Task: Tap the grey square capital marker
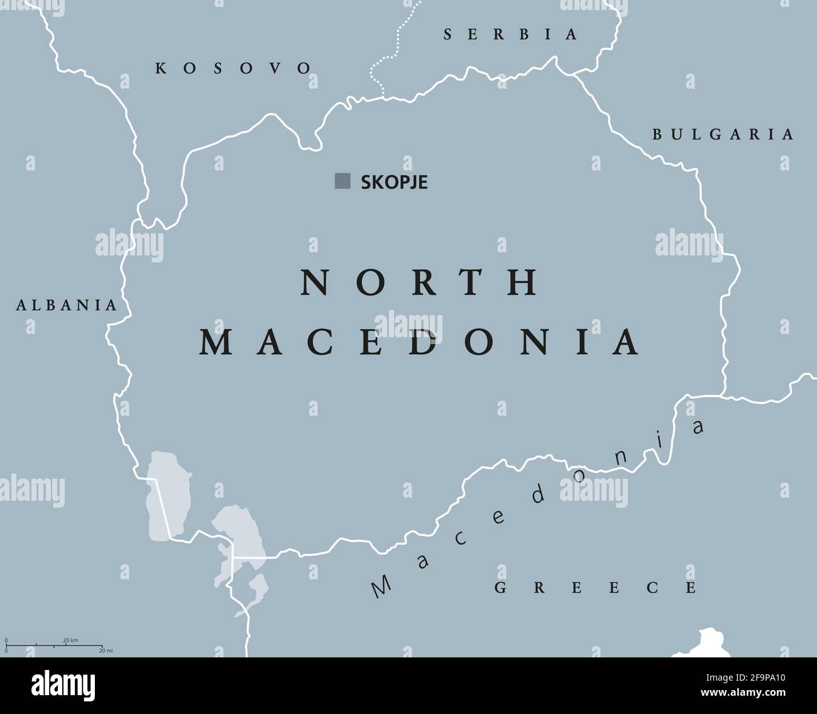(x=343, y=181)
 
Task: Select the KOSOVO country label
(x=233, y=68)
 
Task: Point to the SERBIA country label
(x=510, y=35)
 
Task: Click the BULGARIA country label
(x=723, y=134)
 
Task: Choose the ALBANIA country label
(x=67, y=306)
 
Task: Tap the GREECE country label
(x=595, y=588)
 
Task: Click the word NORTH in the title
(x=420, y=282)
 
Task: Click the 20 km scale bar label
(x=70, y=640)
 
